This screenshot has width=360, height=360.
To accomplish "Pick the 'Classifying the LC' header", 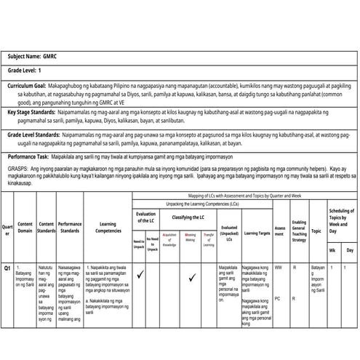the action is pos(188,217).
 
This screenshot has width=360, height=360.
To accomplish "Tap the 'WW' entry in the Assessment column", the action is pos(278,268).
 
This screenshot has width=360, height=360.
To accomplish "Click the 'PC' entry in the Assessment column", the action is pos(278,298).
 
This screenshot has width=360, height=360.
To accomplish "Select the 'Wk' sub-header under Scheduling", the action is pos(332,249).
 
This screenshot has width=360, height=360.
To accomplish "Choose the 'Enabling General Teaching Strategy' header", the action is pos(297,231).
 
